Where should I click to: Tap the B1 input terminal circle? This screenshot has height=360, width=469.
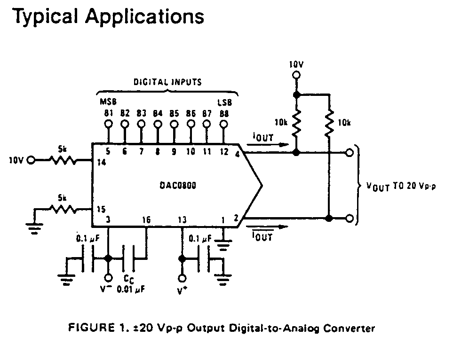(x=109, y=124)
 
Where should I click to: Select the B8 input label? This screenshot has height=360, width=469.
(x=223, y=113)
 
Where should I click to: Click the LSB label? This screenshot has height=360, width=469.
(x=224, y=102)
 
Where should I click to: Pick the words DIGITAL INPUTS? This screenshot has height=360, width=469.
(x=167, y=82)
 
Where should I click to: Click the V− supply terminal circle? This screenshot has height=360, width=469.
(x=109, y=277)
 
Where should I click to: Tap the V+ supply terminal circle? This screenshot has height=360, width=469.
(x=181, y=277)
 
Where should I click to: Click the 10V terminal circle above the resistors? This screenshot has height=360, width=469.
(x=296, y=75)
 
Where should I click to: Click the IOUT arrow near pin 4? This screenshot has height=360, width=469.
(x=266, y=144)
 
